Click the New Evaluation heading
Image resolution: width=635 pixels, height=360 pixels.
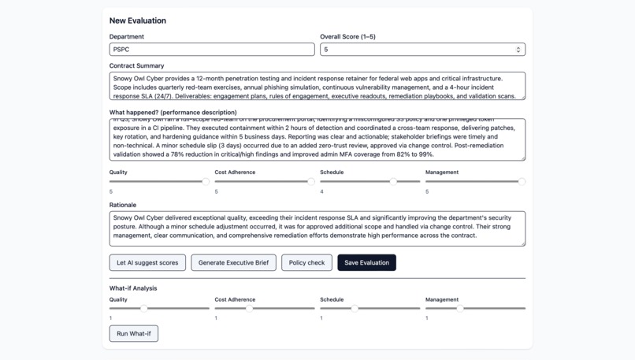click(138, 20)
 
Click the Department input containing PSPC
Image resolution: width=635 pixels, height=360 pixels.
click(211, 50)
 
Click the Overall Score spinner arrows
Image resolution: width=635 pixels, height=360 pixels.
click(518, 50)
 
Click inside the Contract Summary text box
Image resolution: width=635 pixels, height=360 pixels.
click(317, 87)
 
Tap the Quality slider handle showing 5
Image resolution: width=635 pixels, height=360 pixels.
click(206, 182)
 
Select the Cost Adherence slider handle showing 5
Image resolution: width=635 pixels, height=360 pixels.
click(311, 182)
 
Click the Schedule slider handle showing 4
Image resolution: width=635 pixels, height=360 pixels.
click(393, 182)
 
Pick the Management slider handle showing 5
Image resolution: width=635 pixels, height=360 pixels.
click(522, 182)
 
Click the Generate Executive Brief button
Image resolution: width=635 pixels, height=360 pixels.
click(233, 262)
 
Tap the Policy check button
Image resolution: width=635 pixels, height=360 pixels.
click(306, 262)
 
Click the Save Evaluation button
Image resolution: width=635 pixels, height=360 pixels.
click(366, 262)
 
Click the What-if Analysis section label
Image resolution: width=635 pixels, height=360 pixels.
click(133, 288)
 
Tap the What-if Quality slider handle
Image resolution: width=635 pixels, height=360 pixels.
click(144, 309)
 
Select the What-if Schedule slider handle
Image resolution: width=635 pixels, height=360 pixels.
click(355, 309)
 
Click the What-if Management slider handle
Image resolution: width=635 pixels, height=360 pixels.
click(460, 309)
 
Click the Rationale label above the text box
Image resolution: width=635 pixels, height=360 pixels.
click(123, 205)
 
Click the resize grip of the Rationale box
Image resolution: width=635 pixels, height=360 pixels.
click(522, 243)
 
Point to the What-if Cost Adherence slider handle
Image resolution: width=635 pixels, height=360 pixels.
click(250, 309)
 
